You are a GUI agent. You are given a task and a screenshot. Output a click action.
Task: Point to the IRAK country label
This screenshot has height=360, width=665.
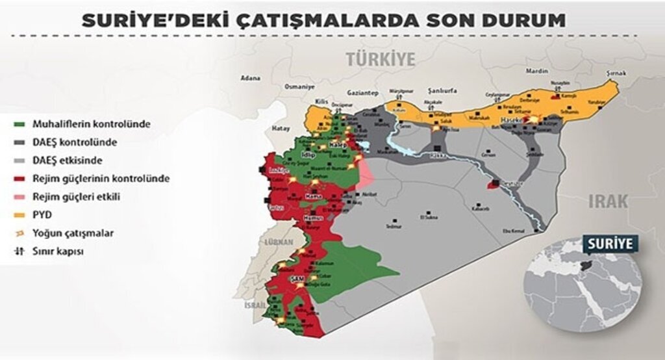608,201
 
